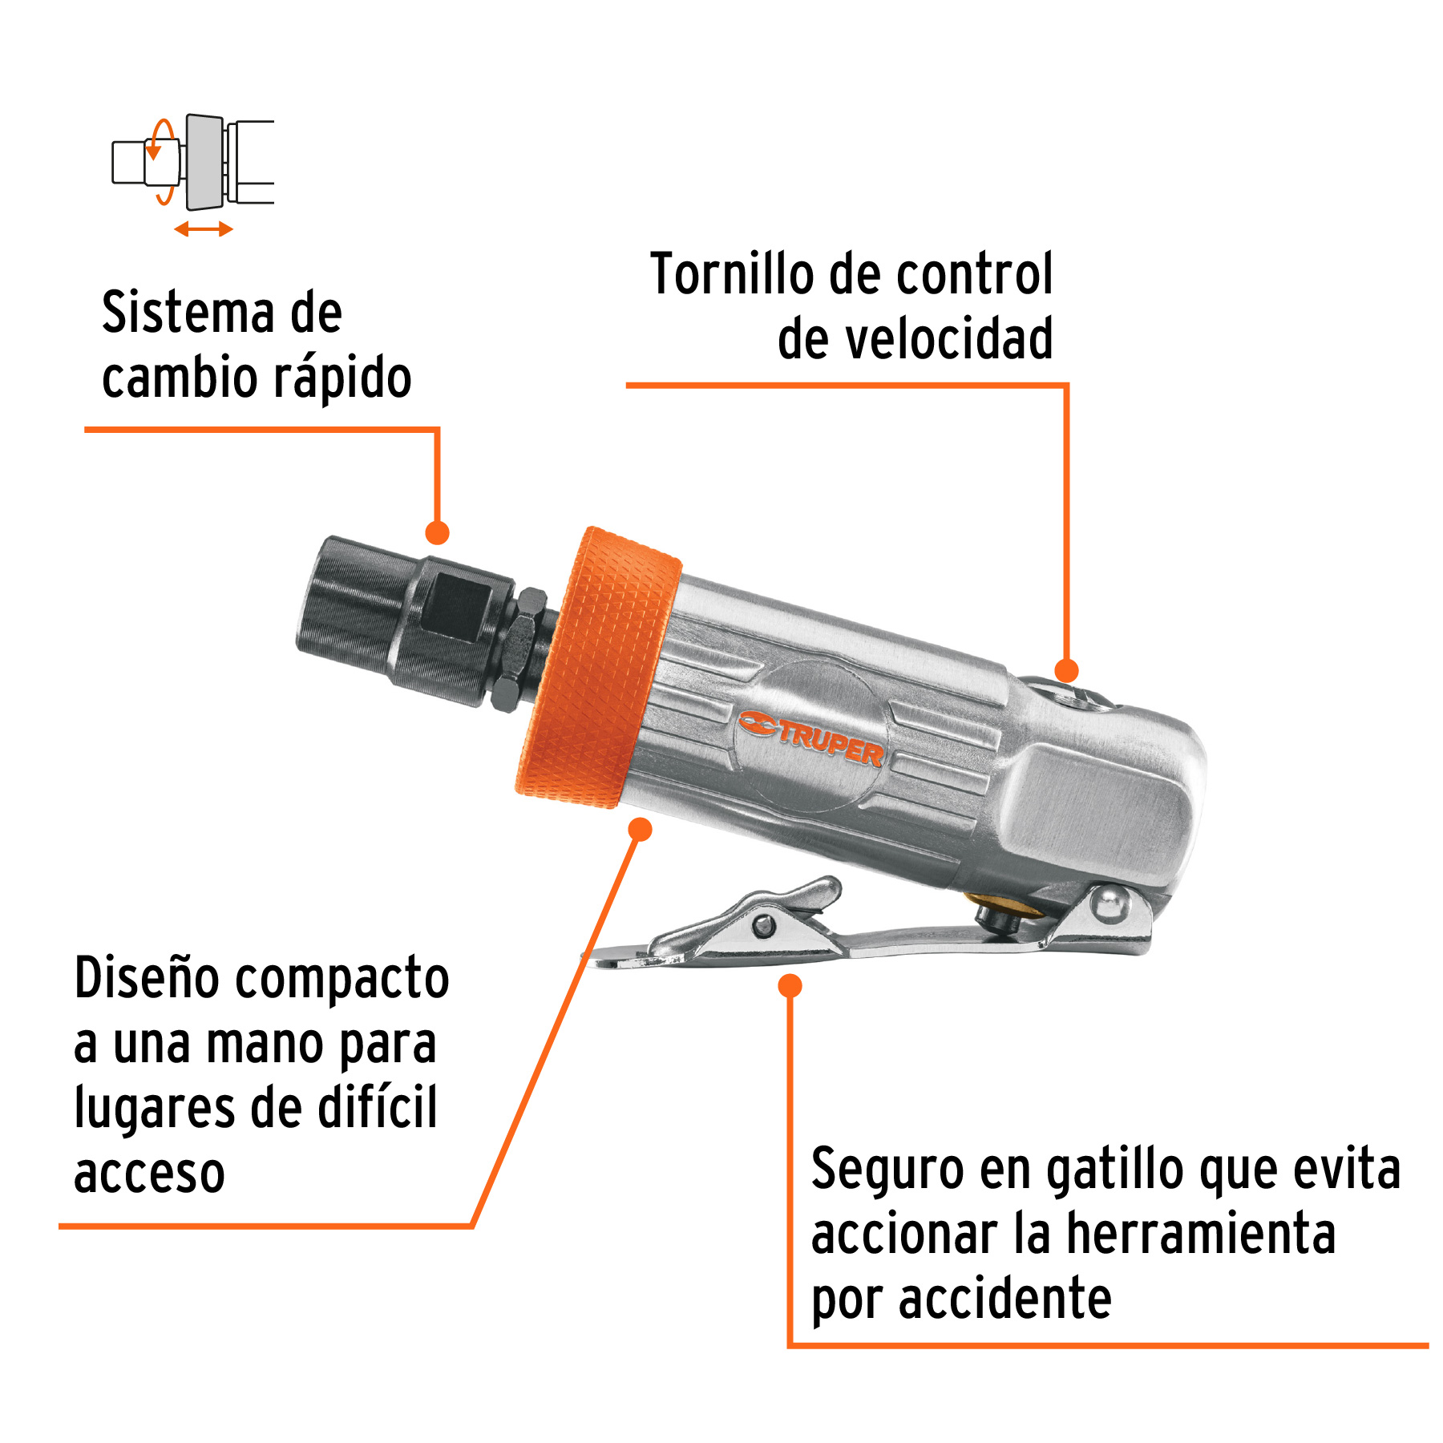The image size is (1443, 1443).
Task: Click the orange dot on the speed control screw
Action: (x=1066, y=671)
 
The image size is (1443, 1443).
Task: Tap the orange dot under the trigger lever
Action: (x=790, y=986)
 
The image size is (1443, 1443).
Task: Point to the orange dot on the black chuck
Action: (x=437, y=532)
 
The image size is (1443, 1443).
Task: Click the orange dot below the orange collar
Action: (x=640, y=829)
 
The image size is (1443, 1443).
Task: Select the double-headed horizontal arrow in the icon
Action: (x=204, y=230)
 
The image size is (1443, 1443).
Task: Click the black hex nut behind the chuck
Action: (x=519, y=649)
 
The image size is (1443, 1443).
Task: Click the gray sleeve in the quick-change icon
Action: (x=204, y=162)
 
